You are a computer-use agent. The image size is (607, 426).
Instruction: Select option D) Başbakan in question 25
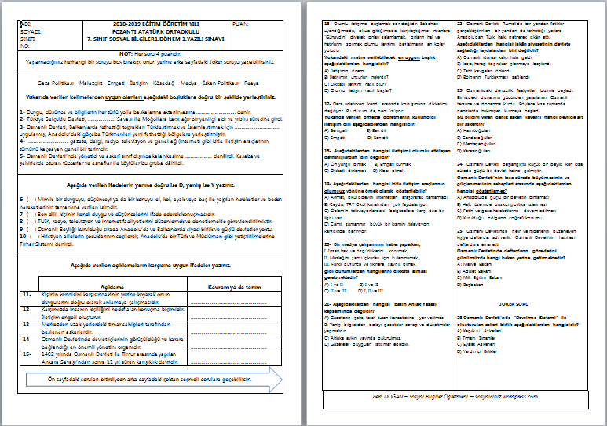(471, 285)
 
